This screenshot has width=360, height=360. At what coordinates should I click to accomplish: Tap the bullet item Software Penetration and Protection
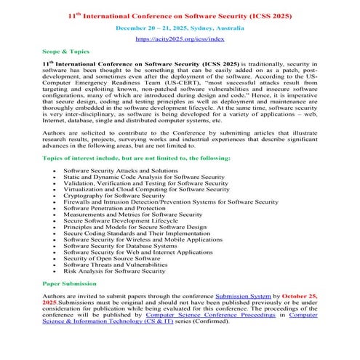pyautogui.click(x=119, y=208)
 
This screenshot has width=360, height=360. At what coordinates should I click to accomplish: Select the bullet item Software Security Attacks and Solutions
pyautogui.click(x=120, y=169)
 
